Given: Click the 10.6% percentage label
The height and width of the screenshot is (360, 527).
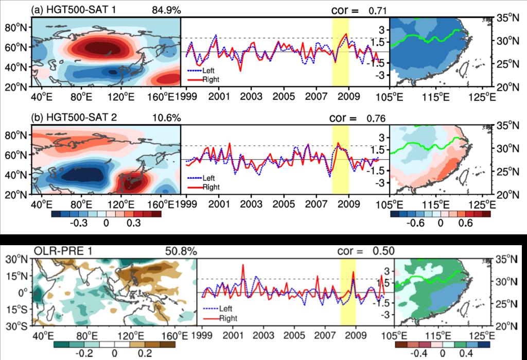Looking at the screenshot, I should pyautogui.click(x=166, y=117).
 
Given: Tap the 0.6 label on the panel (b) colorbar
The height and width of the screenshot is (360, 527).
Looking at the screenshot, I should pyautogui.click(x=461, y=223).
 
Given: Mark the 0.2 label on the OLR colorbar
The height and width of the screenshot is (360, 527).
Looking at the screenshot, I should pyautogui.click(x=145, y=354).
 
